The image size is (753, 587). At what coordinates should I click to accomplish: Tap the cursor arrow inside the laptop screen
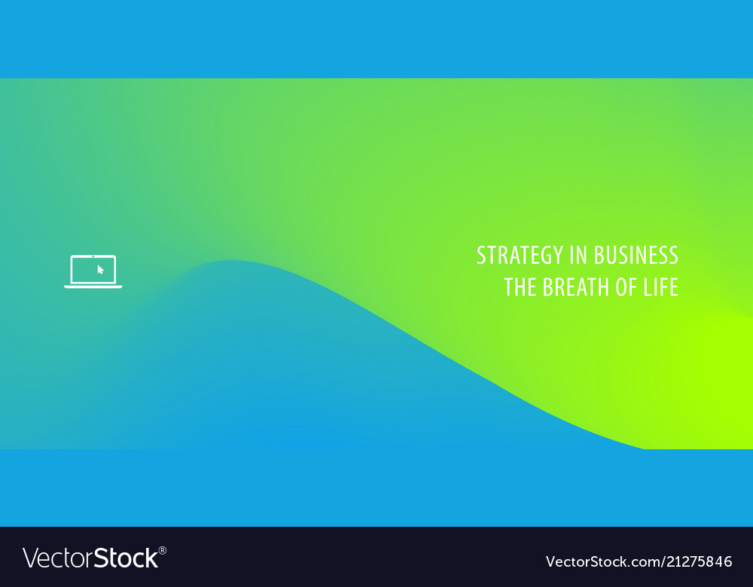point(100,269)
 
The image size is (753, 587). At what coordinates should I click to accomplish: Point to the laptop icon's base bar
point(93,287)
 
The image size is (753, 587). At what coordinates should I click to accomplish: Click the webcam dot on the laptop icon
point(93,257)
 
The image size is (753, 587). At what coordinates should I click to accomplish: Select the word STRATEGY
point(520,255)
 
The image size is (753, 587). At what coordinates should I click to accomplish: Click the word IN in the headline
point(578,255)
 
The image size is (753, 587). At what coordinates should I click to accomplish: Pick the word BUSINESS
point(636,255)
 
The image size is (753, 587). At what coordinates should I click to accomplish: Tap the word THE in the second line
point(520,287)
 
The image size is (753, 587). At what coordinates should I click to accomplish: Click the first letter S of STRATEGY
point(482,255)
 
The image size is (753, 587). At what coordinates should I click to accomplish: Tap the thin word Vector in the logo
point(58,558)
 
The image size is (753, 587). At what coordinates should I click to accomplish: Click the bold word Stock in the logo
point(126,558)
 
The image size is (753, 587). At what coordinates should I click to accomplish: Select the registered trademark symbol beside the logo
point(163,551)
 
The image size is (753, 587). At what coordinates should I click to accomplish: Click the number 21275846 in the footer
point(699,561)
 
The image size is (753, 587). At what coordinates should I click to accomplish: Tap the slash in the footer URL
point(663,561)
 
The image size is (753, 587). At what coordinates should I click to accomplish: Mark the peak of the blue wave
point(230,260)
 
